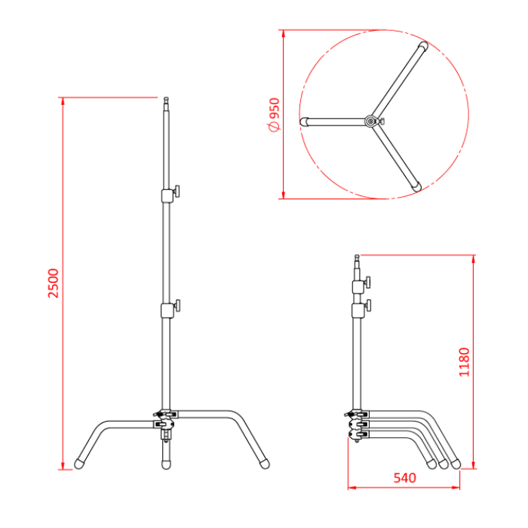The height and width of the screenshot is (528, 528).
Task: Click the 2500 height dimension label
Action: [x=52, y=283]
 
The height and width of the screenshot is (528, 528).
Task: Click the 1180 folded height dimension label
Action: [x=464, y=362]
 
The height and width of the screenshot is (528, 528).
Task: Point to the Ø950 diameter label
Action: [x=274, y=115]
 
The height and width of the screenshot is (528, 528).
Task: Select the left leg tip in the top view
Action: [x=305, y=121]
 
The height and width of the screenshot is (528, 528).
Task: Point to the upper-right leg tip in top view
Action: [x=423, y=49]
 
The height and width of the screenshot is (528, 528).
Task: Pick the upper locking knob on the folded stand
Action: [x=368, y=284]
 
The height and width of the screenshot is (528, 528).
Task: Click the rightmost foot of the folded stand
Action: [x=456, y=462]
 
